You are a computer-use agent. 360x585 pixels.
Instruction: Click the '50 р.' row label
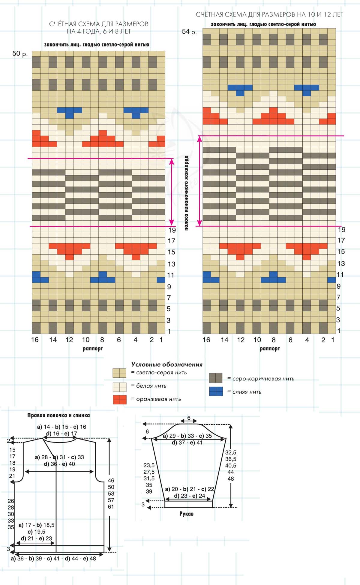[x=20, y=54]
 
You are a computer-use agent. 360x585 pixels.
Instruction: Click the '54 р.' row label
[x=189, y=31]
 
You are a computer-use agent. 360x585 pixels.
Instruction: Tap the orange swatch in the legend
[x=119, y=400]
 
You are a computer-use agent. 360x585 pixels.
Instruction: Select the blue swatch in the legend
[x=216, y=391]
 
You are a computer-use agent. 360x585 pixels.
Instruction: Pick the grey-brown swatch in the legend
[x=215, y=378]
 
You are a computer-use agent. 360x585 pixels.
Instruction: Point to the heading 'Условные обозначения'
[x=166, y=364]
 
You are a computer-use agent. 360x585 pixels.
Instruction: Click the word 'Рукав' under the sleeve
[x=186, y=514]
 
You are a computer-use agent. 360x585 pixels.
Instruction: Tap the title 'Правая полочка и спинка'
[x=58, y=415]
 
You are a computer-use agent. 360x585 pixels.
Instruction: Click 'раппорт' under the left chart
[x=93, y=349]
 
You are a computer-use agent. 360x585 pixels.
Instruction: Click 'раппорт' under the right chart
[x=270, y=349]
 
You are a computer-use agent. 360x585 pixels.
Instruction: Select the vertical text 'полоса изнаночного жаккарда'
[x=186, y=193]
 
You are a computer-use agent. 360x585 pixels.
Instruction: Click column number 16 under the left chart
[x=35, y=340]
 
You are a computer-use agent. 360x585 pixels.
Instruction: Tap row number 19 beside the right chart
[x=342, y=230]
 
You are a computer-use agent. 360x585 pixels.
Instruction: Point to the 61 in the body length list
[x=111, y=507]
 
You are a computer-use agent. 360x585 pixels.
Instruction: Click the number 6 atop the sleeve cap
[x=189, y=418]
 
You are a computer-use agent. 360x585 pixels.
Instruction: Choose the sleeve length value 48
[x=230, y=479]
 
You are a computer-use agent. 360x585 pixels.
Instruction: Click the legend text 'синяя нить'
[x=247, y=392]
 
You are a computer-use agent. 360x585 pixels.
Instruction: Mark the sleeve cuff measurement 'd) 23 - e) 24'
[x=189, y=496]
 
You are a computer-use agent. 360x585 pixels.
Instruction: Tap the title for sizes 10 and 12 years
[x=269, y=14]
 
